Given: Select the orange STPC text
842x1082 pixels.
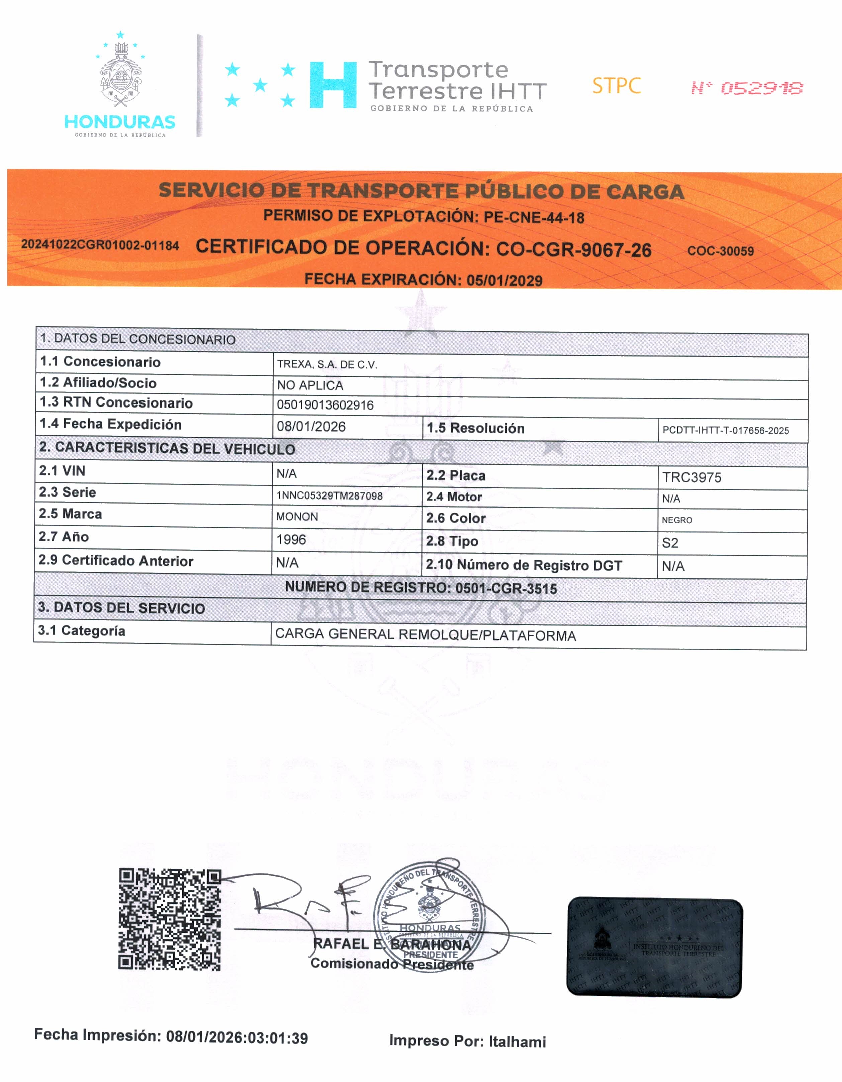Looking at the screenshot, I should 616,86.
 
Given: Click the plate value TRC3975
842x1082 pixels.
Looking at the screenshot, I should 691,477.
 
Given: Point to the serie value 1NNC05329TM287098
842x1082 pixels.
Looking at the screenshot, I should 330,495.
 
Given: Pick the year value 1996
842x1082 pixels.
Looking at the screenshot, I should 291,540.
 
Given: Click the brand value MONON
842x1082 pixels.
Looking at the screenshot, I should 297,517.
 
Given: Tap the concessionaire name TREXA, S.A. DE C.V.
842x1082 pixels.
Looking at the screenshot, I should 327,365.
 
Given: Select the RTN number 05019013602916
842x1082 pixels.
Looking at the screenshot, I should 325,405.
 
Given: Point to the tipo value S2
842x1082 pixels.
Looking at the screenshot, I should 670,543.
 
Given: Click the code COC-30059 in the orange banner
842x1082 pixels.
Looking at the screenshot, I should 720,251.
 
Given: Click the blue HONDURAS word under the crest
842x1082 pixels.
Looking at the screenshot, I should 120,122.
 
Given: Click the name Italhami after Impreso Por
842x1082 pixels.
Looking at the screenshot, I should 517,1042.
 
